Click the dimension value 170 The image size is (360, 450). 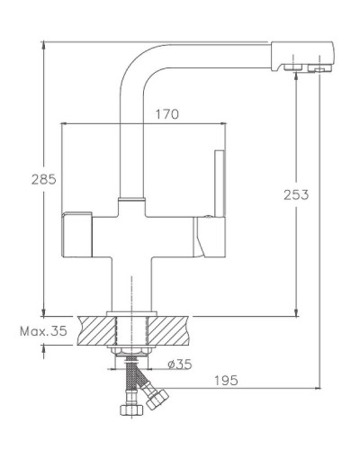click(167, 114)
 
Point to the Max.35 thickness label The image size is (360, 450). click(43, 332)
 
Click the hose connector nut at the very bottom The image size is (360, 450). click(130, 412)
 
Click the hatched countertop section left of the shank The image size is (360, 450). click(94, 329)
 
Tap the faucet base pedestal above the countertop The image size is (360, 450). click(130, 288)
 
